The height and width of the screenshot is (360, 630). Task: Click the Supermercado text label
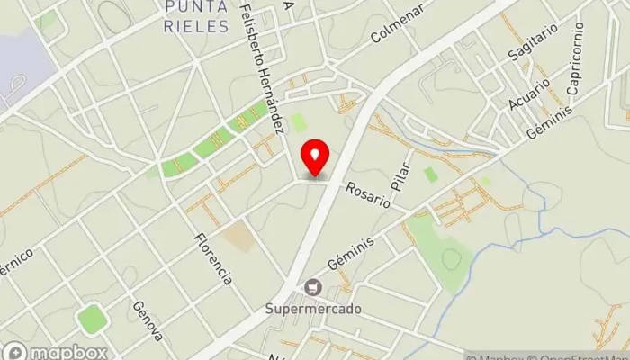313,309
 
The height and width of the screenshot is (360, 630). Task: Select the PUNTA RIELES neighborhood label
197,17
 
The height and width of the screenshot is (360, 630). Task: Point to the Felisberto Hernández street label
263,67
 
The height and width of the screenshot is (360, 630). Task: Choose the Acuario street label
528,91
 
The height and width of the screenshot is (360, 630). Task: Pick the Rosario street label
370,193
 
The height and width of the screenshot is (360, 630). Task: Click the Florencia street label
213,258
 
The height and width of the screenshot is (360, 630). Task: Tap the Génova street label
148,320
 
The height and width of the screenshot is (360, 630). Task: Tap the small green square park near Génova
91,318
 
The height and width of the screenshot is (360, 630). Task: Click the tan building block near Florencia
238,237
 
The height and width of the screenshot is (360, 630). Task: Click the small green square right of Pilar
431,175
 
